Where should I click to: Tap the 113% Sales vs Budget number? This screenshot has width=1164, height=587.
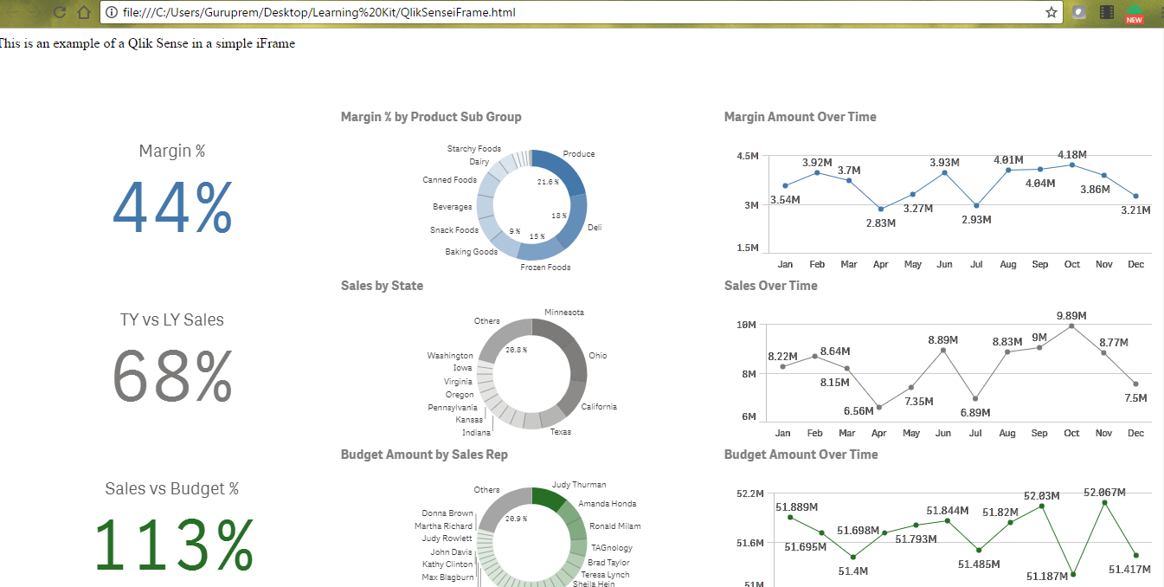[173, 545]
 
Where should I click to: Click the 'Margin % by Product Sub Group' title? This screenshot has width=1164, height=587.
[431, 117]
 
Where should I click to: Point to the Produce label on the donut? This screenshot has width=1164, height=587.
[579, 154]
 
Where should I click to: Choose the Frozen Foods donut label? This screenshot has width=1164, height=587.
[545, 268]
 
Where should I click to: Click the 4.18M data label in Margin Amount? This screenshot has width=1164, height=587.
[1071, 155]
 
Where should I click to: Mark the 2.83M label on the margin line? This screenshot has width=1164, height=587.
[880, 223]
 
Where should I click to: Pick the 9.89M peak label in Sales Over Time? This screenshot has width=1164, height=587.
[1071, 315]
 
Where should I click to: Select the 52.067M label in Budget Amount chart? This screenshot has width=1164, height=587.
[1104, 492]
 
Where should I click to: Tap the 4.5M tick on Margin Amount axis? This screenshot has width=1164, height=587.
[748, 156]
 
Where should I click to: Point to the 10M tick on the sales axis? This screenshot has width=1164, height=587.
[747, 325]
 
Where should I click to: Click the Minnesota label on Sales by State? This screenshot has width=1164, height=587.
[563, 313]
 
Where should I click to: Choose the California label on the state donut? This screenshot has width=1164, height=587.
[599, 407]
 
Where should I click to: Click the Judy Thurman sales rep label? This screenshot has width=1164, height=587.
[579, 485]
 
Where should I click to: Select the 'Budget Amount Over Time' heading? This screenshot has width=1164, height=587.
[801, 455]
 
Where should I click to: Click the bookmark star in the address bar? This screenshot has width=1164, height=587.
[1051, 12]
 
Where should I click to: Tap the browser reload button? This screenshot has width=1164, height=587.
[60, 12]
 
